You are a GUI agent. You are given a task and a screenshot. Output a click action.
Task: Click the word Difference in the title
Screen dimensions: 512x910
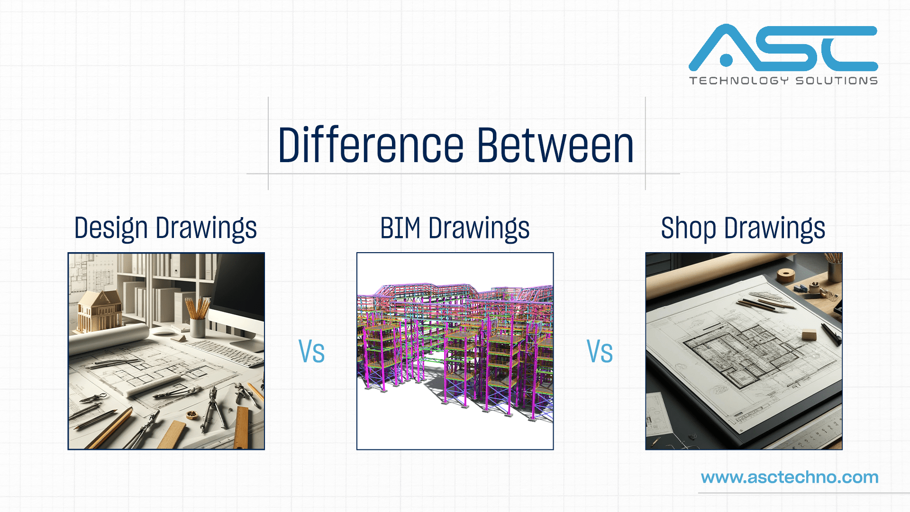tap(370, 146)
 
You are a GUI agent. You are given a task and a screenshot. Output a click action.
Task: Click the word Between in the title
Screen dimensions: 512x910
tap(555, 146)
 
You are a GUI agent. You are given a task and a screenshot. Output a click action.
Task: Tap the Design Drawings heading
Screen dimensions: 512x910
tap(165, 228)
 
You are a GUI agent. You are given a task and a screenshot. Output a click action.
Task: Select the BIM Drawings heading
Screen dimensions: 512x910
tap(455, 228)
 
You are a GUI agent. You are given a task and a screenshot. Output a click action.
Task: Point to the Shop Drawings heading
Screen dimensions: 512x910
tap(743, 228)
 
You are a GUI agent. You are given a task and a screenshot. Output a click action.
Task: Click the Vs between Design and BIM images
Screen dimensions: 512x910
tap(311, 352)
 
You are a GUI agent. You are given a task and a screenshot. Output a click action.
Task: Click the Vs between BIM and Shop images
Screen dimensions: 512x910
tap(600, 352)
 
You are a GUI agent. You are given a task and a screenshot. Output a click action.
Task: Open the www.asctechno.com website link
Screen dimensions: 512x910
tap(790, 477)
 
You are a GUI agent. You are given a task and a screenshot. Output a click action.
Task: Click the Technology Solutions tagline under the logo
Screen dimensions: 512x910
tap(783, 81)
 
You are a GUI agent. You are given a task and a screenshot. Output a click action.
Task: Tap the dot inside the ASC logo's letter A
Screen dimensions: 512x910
tap(726, 60)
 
